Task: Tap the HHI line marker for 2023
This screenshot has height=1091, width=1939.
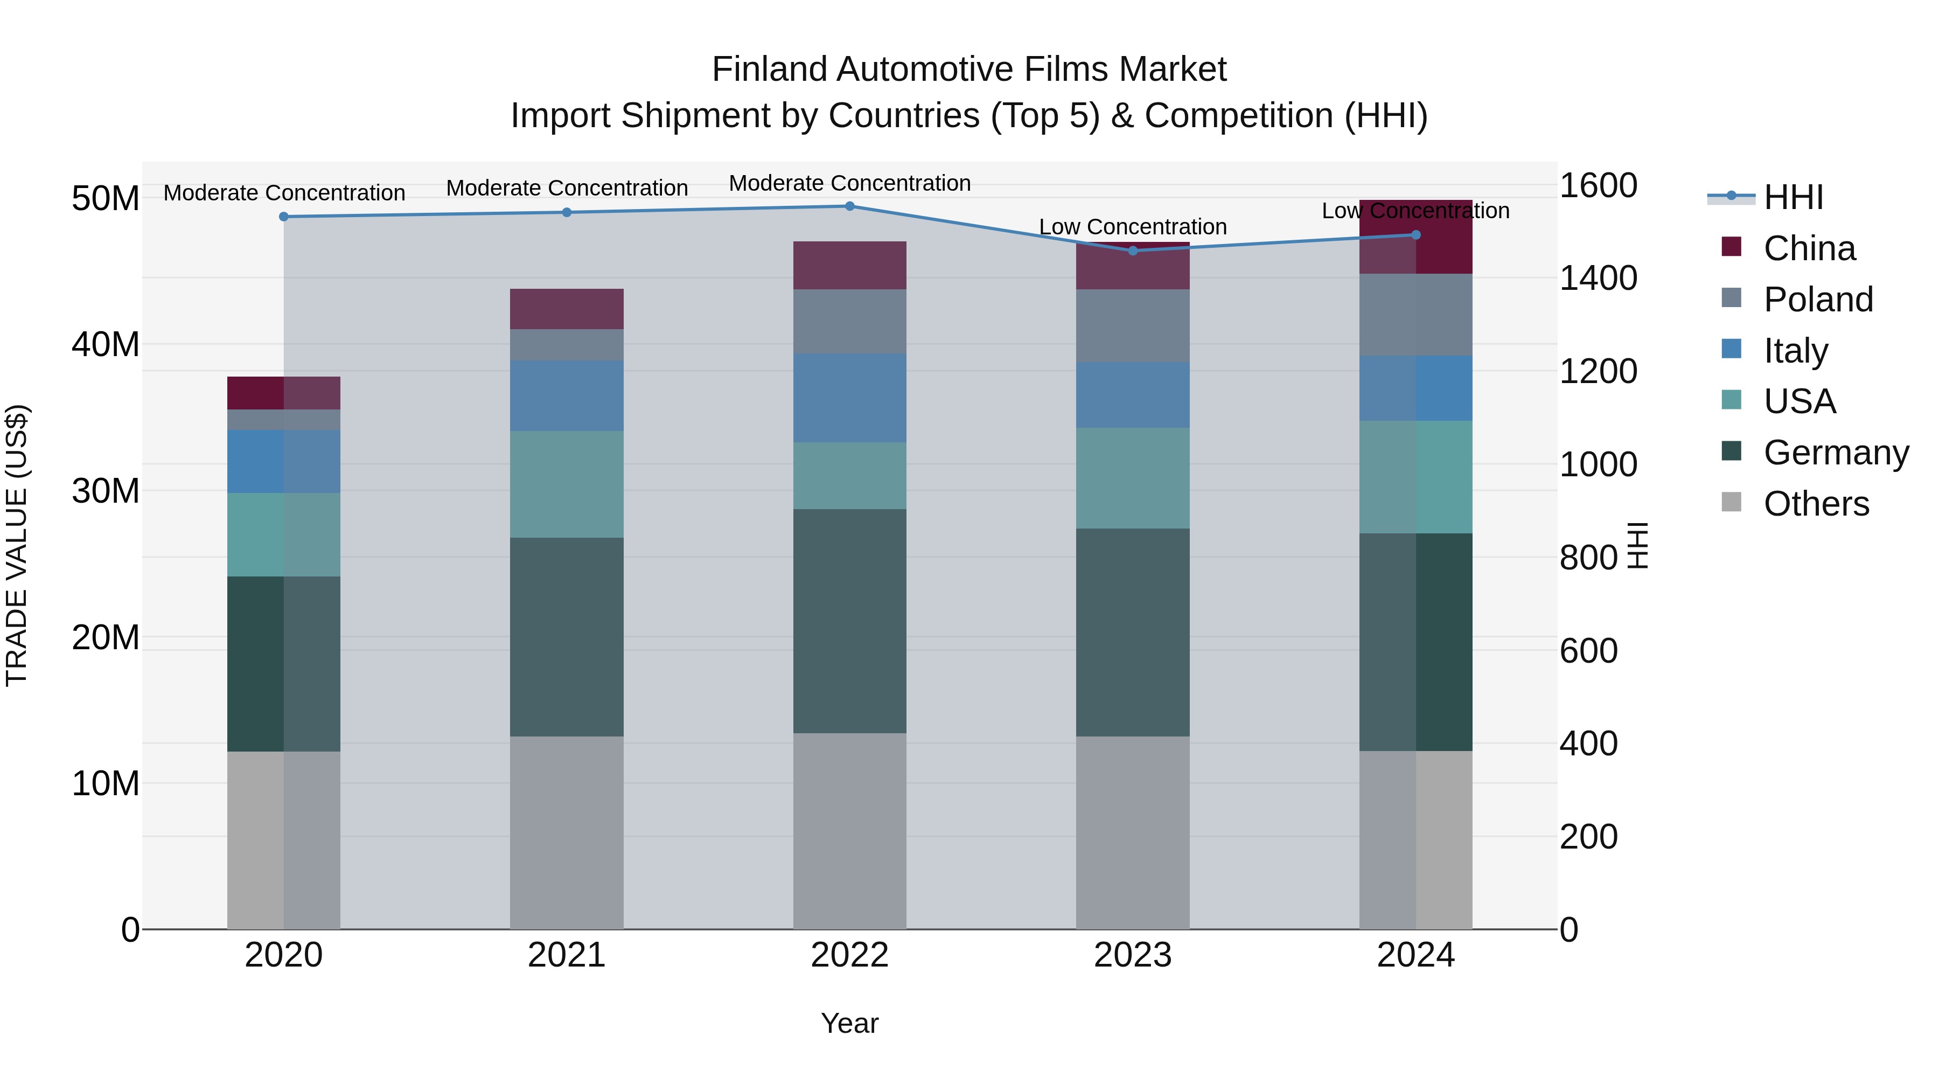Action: click(x=1133, y=251)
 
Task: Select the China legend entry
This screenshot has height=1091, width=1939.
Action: click(x=1809, y=248)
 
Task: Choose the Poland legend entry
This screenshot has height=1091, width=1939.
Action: click(x=1817, y=300)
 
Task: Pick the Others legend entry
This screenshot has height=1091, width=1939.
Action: click(x=1816, y=504)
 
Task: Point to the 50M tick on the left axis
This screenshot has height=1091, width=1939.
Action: click(x=106, y=199)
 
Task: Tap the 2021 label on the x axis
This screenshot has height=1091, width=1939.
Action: click(x=567, y=955)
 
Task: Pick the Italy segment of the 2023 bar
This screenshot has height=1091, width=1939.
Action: click(x=1133, y=395)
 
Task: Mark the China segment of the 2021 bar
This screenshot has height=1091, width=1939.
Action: click(x=567, y=309)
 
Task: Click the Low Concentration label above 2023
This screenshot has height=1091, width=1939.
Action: click(x=1133, y=227)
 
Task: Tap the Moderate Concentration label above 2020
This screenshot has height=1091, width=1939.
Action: click(x=284, y=193)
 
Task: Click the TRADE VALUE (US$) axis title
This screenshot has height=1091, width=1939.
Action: click(x=17, y=545)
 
